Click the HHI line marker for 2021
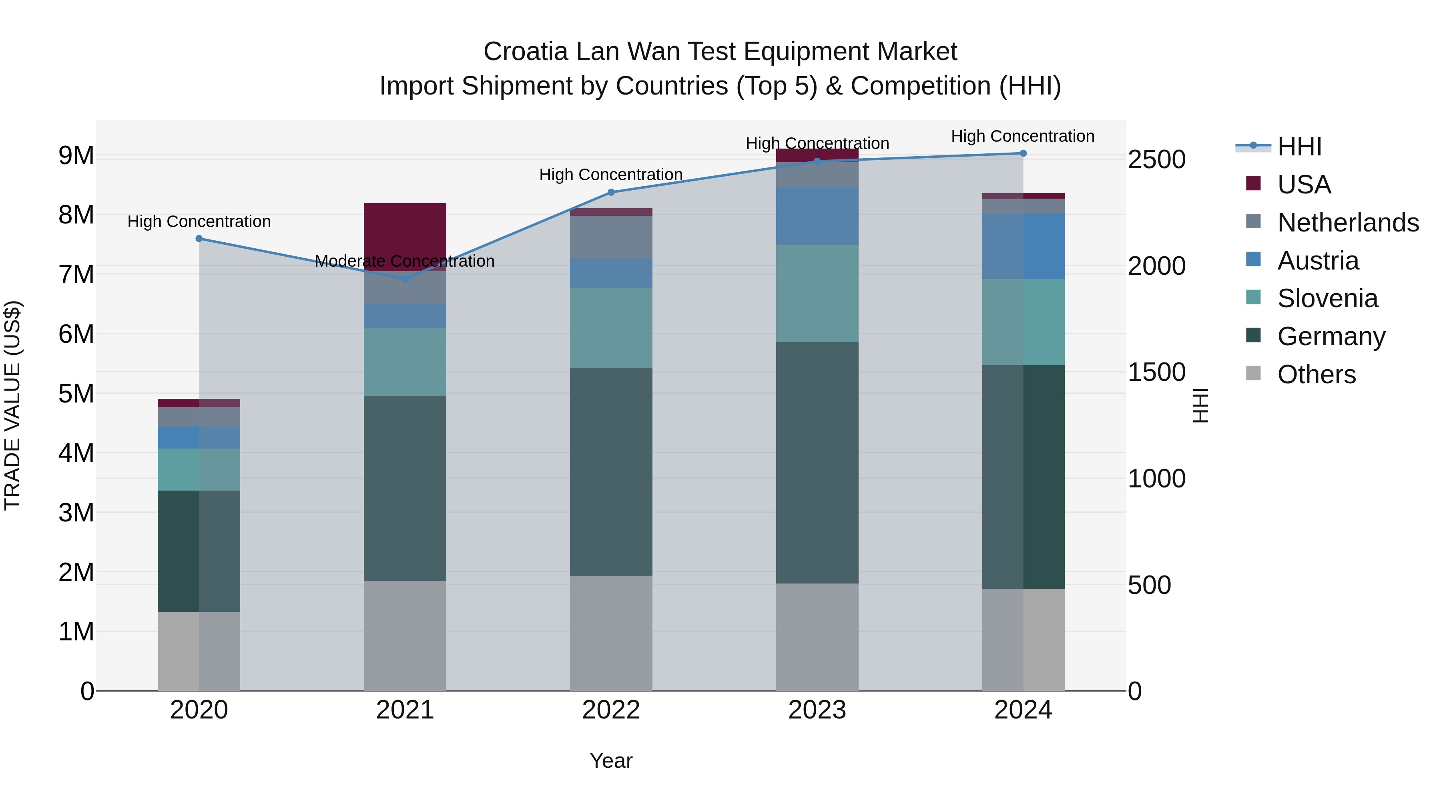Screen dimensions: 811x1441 (x=405, y=279)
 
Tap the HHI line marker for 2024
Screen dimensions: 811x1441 (x=1023, y=153)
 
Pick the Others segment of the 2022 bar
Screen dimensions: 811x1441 (x=611, y=633)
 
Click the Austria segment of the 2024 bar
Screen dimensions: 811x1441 (x=1023, y=246)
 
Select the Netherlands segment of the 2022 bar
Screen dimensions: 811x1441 (x=611, y=237)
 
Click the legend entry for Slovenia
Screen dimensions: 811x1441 (x=1327, y=298)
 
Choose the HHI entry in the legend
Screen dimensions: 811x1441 (x=1299, y=147)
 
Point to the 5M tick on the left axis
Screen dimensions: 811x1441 (x=76, y=393)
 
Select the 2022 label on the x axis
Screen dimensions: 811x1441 (x=611, y=710)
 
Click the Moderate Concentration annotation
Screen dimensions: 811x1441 (x=404, y=262)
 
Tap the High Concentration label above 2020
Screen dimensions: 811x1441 (x=199, y=221)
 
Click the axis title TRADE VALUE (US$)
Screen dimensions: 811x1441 (x=12, y=405)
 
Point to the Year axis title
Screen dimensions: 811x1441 (x=611, y=761)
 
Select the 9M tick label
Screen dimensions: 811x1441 (x=76, y=156)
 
